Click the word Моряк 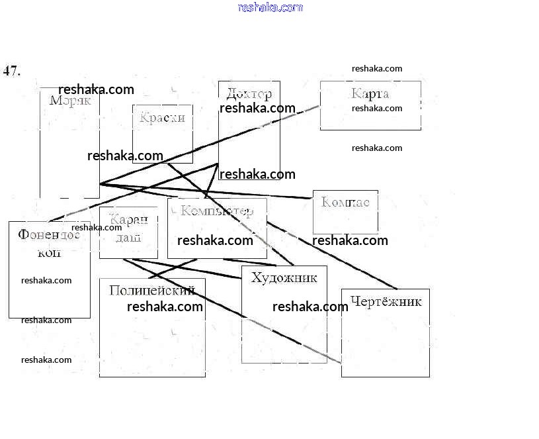70,101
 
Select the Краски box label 162,118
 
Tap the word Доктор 249,93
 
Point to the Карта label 370,93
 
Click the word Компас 345,201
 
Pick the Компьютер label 216,211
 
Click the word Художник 284,277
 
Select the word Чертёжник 386,302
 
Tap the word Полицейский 151,290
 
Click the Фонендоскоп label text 49,242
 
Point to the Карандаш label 128,229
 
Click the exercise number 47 12,71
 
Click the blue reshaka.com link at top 270,7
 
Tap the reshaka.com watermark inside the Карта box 377,108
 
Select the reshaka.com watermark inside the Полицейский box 165,307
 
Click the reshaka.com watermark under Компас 350,240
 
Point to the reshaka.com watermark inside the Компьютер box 215,240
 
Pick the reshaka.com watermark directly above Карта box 377,68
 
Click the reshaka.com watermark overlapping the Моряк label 96,89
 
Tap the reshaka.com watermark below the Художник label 310,307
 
